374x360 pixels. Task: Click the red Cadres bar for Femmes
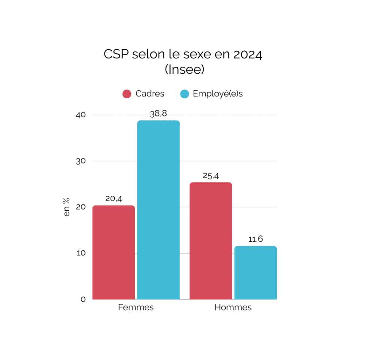pyautogui.click(x=114, y=252)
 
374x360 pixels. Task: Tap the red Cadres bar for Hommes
pyautogui.click(x=211, y=241)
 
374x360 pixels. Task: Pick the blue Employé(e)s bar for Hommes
pyautogui.click(x=255, y=273)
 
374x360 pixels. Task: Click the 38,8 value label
pyautogui.click(x=158, y=114)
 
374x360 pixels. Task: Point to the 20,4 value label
pyautogui.click(x=114, y=199)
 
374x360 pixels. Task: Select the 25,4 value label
pyautogui.click(x=211, y=176)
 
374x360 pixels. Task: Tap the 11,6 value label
pyautogui.click(x=255, y=240)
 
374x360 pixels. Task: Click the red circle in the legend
pyautogui.click(x=127, y=94)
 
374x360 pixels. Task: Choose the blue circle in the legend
pyautogui.click(x=185, y=94)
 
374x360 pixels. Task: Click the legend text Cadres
pyautogui.click(x=150, y=94)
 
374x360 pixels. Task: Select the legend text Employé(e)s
pyautogui.click(x=218, y=94)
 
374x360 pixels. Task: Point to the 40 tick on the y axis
pyautogui.click(x=81, y=115)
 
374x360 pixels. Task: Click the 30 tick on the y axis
pyautogui.click(x=81, y=161)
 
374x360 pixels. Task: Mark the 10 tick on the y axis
pyautogui.click(x=81, y=253)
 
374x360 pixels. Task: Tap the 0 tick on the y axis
pyautogui.click(x=83, y=299)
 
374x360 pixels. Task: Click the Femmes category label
pyautogui.click(x=136, y=307)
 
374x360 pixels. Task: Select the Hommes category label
pyautogui.click(x=233, y=307)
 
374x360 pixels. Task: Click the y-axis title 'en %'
pyautogui.click(x=66, y=207)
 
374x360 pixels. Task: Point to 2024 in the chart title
pyautogui.click(x=247, y=54)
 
